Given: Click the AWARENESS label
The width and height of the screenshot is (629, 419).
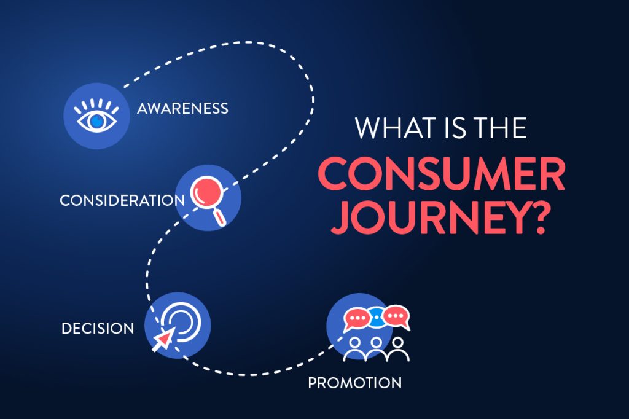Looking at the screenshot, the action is (x=182, y=108).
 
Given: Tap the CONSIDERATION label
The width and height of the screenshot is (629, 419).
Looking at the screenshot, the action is (x=122, y=200).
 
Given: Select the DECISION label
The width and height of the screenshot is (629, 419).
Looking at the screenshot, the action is (x=98, y=329).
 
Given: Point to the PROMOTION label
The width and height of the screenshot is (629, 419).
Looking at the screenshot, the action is (x=355, y=383).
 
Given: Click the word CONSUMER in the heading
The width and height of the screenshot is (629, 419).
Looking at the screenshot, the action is (x=442, y=174).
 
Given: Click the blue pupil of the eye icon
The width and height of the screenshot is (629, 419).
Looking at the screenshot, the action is (x=96, y=120).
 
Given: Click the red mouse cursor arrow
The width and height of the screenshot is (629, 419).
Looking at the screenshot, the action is (x=163, y=340).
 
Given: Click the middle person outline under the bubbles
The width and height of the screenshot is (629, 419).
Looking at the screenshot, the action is (x=376, y=348).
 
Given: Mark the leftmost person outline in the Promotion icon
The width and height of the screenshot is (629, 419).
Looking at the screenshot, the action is (x=354, y=349).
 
